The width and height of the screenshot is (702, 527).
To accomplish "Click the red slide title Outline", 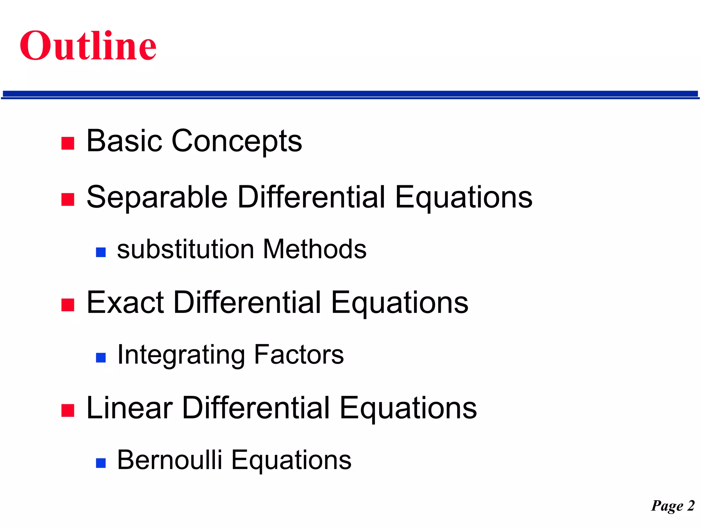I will pyautogui.click(x=88, y=46).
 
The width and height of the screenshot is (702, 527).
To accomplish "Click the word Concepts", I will pyautogui.click(x=237, y=141).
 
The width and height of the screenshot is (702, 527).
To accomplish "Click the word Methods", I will pyautogui.click(x=315, y=249).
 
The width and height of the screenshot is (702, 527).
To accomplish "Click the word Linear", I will pyautogui.click(x=130, y=408).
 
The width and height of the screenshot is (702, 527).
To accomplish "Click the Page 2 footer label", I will pyautogui.click(x=673, y=506).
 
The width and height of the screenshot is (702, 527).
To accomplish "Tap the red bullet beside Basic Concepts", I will pyautogui.click(x=68, y=143).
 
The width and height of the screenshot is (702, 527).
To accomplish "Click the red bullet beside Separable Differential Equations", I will pyautogui.click(x=68, y=199).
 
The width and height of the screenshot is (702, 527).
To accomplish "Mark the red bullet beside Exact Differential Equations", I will pyautogui.click(x=68, y=305).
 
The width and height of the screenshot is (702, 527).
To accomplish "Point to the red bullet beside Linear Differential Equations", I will pyautogui.click(x=68, y=410).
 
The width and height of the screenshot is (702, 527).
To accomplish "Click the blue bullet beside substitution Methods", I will pyautogui.click(x=101, y=253).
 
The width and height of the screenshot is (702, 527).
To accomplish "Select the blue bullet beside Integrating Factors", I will pyautogui.click(x=101, y=358).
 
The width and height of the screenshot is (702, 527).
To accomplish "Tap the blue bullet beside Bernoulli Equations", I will pyautogui.click(x=101, y=463).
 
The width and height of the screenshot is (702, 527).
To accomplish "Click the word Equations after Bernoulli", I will pyautogui.click(x=291, y=461).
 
